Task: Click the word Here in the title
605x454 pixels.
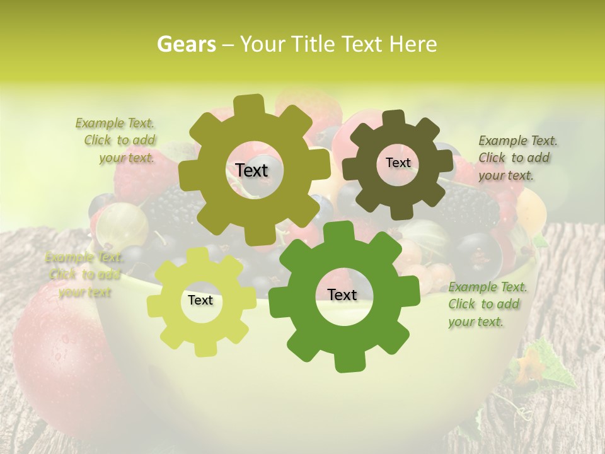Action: pyautogui.click(x=413, y=44)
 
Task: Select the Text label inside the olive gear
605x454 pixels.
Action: pyautogui.click(x=251, y=170)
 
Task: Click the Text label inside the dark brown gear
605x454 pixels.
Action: pyautogui.click(x=398, y=163)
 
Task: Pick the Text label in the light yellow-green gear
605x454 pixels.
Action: pyautogui.click(x=200, y=300)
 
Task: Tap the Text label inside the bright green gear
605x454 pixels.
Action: pyautogui.click(x=342, y=294)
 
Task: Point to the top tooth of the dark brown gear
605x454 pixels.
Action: pyautogui.click(x=393, y=118)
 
